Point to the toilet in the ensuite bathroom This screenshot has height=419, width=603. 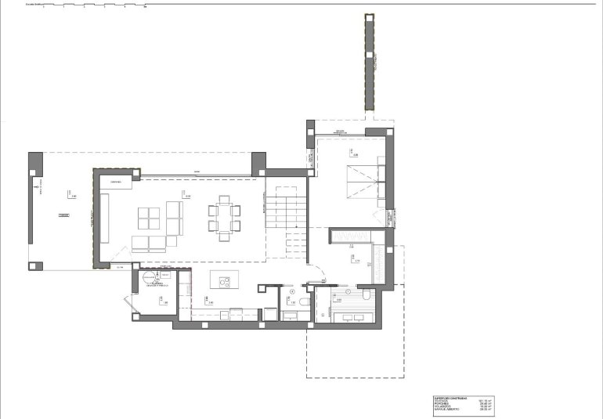pyautogui.click(x=365, y=295)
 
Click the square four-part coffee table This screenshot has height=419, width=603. pyautogui.click(x=150, y=216)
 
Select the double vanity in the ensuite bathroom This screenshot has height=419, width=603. pyautogui.click(x=354, y=316)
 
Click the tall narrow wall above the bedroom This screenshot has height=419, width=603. pyautogui.click(x=366, y=63)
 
